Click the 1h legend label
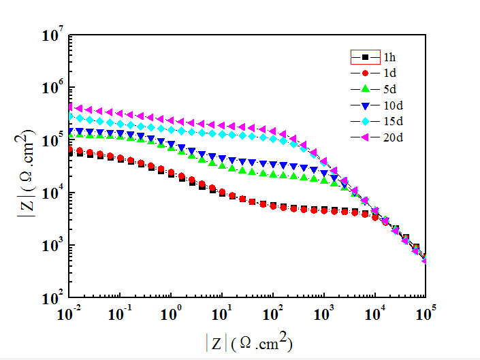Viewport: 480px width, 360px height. (389, 56)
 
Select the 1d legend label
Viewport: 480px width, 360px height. (389, 73)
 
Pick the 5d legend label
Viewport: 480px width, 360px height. (389, 89)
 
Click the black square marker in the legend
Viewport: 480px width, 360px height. (366, 56)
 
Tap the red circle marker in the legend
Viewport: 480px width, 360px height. (366, 73)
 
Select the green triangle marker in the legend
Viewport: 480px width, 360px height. (366, 89)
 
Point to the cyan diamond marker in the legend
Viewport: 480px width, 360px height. (366, 122)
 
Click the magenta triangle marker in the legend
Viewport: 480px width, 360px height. (366, 138)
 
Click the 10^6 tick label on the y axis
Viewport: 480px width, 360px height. (52, 86)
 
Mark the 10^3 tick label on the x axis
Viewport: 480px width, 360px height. (324, 314)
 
